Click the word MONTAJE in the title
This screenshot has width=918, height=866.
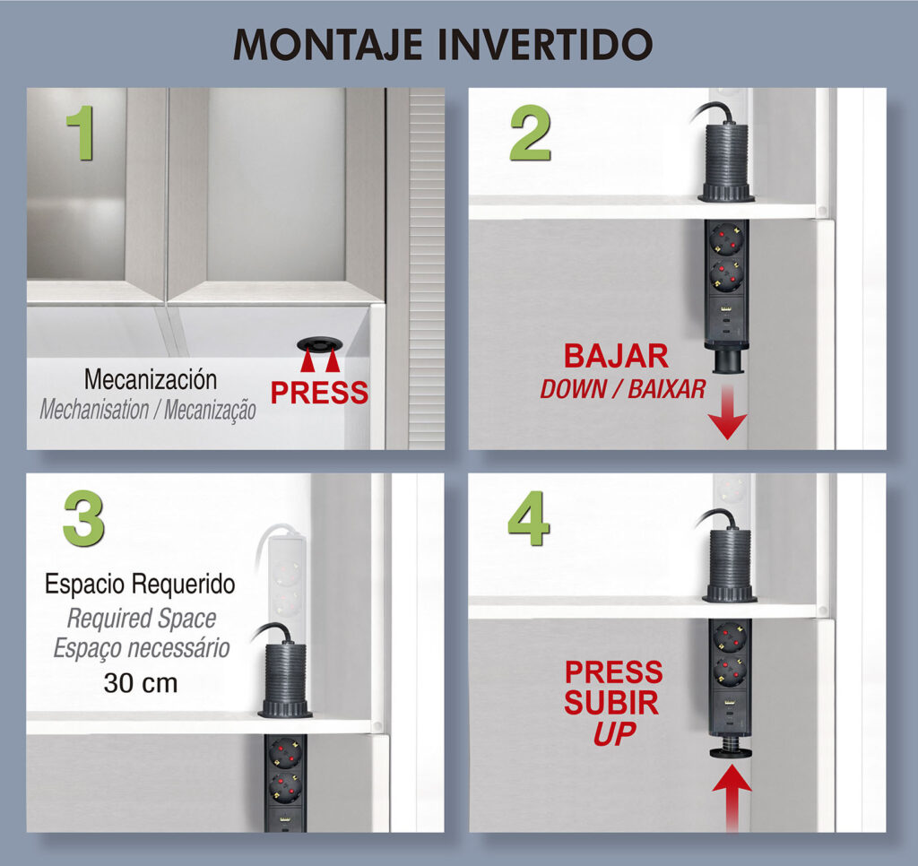point(328,45)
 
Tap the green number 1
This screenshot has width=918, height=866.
point(80,133)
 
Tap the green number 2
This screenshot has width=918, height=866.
point(530,134)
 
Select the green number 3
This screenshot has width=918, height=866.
point(83,518)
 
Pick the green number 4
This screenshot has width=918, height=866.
point(529,518)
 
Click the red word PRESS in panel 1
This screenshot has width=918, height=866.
point(320,393)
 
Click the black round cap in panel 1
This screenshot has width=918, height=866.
point(319,345)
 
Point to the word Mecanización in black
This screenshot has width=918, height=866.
point(151,379)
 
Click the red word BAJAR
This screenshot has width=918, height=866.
point(616,356)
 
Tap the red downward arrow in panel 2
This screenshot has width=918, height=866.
point(727,412)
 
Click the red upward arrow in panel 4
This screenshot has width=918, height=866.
point(732,800)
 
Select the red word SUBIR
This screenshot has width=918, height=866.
point(611,703)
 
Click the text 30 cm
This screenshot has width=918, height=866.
point(141,683)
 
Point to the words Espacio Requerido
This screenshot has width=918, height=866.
point(140,584)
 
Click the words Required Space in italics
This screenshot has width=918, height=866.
point(141,619)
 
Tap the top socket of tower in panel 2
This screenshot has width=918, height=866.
point(725,238)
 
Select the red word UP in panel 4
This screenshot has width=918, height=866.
point(615,733)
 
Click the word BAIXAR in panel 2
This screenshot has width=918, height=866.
point(667,389)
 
